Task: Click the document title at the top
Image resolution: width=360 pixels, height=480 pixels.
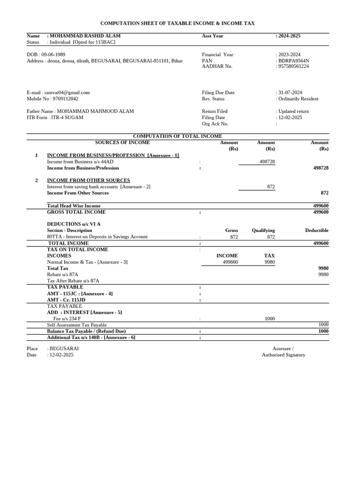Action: click(178, 23)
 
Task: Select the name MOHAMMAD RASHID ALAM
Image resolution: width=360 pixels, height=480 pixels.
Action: click(85, 36)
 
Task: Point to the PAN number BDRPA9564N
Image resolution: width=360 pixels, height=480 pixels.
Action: click(294, 60)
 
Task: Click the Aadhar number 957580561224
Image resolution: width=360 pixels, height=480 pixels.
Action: click(294, 67)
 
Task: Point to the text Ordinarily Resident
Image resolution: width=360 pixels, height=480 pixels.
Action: click(298, 99)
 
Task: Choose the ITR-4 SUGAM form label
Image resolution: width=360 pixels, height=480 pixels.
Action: click(66, 118)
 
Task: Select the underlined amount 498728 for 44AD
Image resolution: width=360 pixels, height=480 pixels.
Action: click(267, 162)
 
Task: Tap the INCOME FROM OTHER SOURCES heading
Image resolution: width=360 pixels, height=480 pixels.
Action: click(89, 180)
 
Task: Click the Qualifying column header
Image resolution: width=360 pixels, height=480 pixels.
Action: click(263, 231)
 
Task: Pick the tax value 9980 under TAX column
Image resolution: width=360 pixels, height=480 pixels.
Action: click(270, 262)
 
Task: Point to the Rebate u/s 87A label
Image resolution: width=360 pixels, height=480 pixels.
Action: click(63, 275)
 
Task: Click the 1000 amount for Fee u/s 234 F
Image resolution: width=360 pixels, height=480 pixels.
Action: click(270, 319)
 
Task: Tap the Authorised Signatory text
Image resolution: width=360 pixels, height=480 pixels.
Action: click(283, 355)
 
